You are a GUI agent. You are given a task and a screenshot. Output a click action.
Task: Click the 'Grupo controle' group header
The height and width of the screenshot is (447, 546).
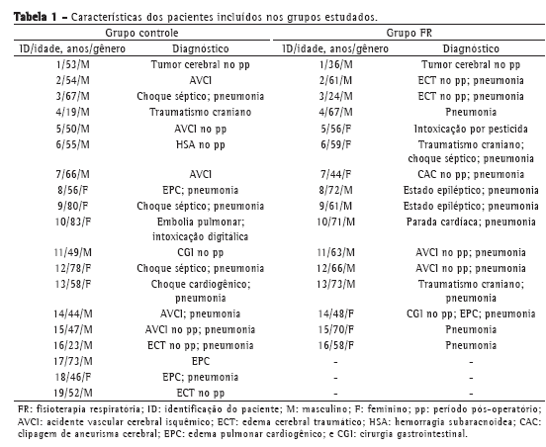coord(141,33)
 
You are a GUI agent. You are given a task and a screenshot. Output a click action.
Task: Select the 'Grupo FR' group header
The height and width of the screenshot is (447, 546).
coord(409,33)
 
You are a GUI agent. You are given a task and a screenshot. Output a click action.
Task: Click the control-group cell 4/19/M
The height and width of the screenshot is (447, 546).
coord(73,112)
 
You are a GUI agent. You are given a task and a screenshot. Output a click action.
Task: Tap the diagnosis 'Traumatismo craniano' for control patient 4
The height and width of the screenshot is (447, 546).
coord(201,112)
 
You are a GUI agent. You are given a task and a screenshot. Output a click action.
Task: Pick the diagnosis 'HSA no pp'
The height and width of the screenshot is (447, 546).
coord(201,144)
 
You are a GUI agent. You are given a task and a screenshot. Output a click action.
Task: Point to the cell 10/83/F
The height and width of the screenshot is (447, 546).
coord(73,222)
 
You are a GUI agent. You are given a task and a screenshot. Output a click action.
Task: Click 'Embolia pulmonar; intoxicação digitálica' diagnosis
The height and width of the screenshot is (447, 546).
coord(201,229)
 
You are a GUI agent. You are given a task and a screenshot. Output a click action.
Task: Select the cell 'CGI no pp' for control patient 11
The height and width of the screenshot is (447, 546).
coord(201,253)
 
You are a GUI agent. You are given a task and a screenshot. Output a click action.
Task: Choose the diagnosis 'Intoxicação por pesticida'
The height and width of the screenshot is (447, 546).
coord(471,129)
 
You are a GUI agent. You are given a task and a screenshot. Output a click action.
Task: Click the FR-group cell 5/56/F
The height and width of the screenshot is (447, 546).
coord(336,129)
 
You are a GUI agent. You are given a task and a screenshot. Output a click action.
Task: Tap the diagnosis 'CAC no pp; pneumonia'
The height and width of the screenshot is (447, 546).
coord(471,174)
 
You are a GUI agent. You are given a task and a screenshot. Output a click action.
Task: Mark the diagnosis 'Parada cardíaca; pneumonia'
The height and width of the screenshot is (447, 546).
coord(471,222)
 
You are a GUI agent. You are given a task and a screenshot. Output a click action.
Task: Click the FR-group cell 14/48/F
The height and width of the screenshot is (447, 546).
coord(336,314)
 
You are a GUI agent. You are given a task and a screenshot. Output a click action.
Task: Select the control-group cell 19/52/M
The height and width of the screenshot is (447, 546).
coord(73,393)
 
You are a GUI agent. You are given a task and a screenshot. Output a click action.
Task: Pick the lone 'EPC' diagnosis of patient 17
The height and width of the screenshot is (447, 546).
coord(201,361)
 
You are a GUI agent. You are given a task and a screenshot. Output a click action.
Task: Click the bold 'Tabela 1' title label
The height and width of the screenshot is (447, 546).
coord(36,17)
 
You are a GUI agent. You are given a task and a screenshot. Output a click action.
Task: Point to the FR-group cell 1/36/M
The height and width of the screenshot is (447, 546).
coord(336,64)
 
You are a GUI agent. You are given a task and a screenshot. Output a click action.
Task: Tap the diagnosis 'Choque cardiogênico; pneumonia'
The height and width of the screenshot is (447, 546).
coord(201,291)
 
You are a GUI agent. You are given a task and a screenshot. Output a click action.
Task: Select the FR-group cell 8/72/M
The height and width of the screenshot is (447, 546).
coord(336,190)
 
